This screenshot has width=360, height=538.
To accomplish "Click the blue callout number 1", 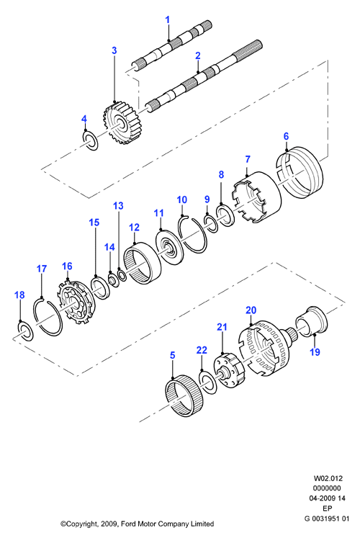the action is click(167, 20).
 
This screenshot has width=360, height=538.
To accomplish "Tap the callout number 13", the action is click(118, 206).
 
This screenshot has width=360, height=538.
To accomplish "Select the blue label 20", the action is click(251, 310).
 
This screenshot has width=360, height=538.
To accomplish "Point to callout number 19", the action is click(315, 351).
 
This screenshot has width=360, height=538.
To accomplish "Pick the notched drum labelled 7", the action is click(257, 198).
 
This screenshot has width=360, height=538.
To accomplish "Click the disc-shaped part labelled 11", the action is click(170, 247).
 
